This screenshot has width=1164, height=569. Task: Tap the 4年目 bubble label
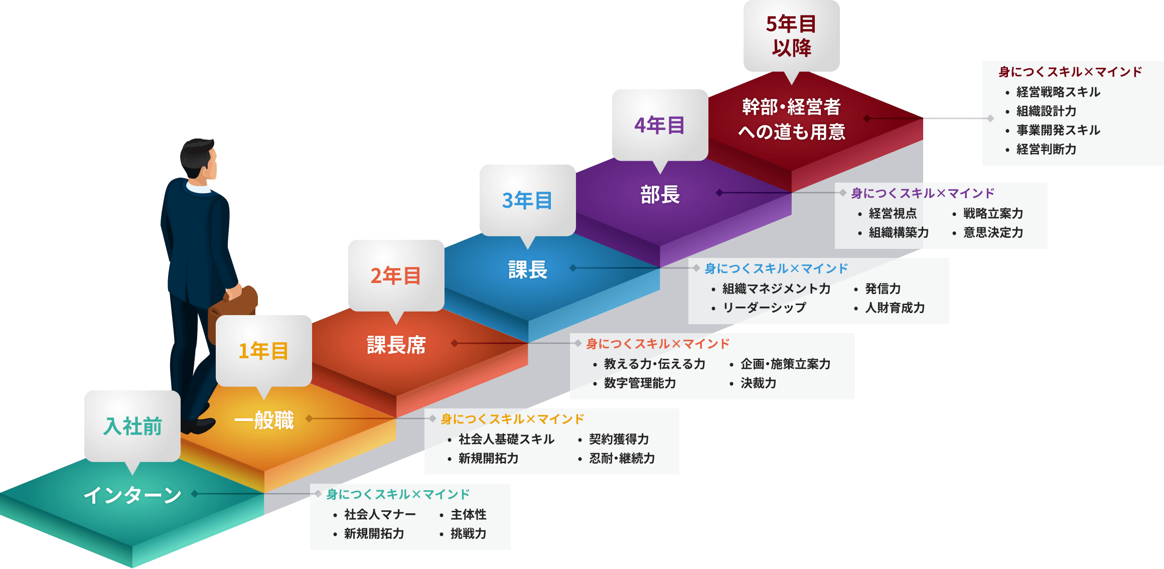pos(659,125)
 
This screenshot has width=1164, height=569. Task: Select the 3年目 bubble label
pos(527,200)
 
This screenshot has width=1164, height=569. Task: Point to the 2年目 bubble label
pos(395,275)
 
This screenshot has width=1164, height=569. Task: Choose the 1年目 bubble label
pos(263,351)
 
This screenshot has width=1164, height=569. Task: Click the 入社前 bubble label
pos(132,426)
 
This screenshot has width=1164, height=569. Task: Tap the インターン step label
pos(132,495)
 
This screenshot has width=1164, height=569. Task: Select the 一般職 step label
pos(264,419)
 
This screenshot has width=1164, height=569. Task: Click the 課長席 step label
pos(396,345)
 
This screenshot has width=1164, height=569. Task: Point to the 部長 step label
pos(660,194)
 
